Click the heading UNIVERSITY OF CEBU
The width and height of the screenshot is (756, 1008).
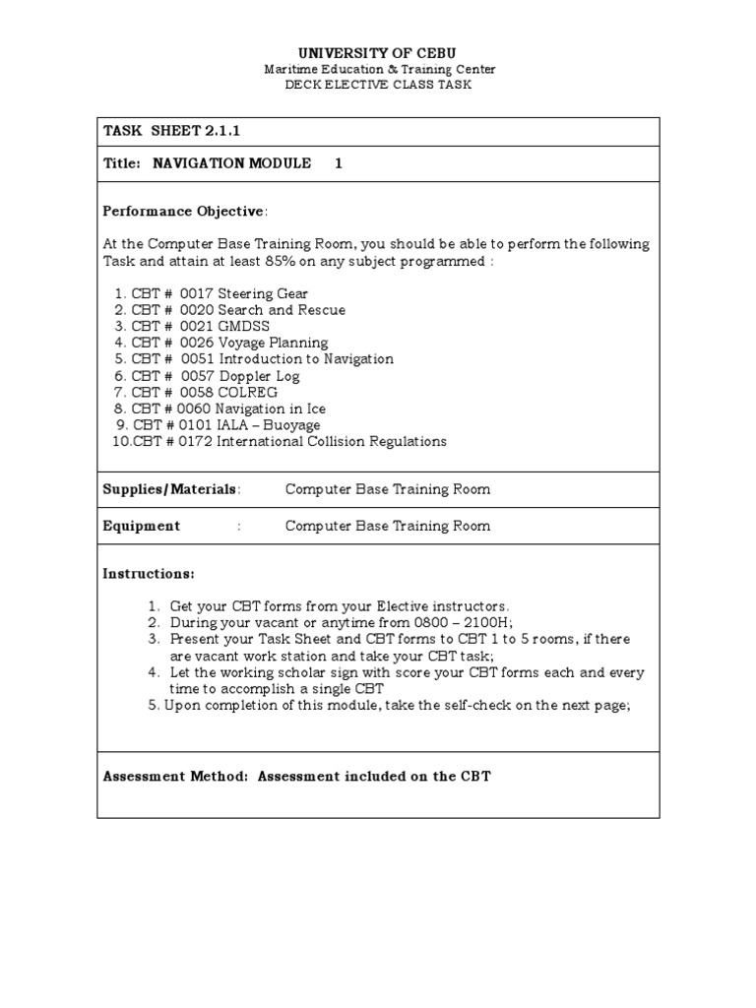pos(378,51)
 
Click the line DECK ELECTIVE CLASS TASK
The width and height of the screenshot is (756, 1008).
pos(378,85)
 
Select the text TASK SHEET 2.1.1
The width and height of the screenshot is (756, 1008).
pos(165,131)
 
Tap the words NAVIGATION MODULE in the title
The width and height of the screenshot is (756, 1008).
pos(232,163)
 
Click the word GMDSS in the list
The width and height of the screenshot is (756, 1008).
pos(243,326)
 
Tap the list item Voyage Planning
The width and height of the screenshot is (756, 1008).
pos(273,343)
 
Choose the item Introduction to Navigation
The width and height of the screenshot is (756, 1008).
pos(306,359)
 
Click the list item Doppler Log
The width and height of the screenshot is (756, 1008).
pos(259,376)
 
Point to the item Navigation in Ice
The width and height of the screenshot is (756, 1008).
pos(271,409)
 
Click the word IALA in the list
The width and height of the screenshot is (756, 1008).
pos(234,425)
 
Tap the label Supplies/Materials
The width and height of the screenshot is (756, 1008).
pos(169,489)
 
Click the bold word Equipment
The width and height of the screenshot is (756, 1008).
pos(142,526)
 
